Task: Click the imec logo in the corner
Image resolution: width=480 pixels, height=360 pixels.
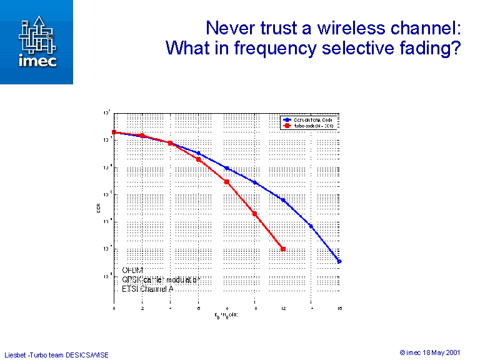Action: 36,42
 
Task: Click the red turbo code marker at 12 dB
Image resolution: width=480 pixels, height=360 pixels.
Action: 283,249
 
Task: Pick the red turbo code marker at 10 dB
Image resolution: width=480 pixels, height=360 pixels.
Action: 255,214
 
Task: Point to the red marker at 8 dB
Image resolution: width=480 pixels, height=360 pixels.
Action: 227,182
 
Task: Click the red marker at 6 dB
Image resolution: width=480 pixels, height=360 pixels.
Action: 199,159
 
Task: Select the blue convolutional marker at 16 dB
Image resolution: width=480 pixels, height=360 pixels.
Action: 339,261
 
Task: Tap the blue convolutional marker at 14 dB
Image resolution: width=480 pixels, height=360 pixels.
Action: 311,226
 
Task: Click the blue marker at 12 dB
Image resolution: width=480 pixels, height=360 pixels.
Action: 283,200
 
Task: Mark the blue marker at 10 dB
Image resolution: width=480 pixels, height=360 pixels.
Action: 255,182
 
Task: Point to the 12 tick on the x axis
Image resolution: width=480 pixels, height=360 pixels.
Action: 283,309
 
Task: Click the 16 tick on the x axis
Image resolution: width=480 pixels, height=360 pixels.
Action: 339,309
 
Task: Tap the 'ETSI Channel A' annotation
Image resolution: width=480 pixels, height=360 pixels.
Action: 148,289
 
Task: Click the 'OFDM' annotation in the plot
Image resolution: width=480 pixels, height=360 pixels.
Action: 132,270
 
